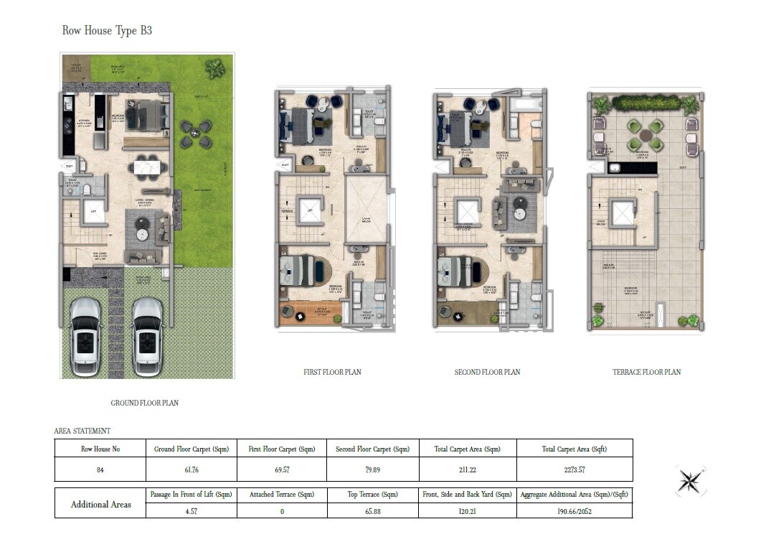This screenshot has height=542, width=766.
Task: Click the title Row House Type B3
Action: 107,30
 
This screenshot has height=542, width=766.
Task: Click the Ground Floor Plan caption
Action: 144,403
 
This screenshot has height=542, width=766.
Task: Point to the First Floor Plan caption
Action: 332,372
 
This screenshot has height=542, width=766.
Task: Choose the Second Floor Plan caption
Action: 487,372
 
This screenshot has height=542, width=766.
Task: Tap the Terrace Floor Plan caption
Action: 646,372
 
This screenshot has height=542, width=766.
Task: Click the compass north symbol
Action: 691,481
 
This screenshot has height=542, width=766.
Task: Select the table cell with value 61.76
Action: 191,470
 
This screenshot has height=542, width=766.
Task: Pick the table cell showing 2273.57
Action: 574,470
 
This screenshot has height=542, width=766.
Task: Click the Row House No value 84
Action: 100,470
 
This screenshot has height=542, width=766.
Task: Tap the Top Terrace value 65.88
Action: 372,511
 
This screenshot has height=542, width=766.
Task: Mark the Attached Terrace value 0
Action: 282,511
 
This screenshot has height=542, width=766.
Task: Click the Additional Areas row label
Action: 100,504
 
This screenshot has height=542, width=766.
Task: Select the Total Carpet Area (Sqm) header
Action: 467,449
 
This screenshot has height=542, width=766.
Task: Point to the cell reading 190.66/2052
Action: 574,511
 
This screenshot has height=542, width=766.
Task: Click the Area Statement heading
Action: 82,431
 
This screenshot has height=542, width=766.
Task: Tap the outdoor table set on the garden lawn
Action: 195,134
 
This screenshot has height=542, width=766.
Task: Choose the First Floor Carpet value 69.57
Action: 282,470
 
